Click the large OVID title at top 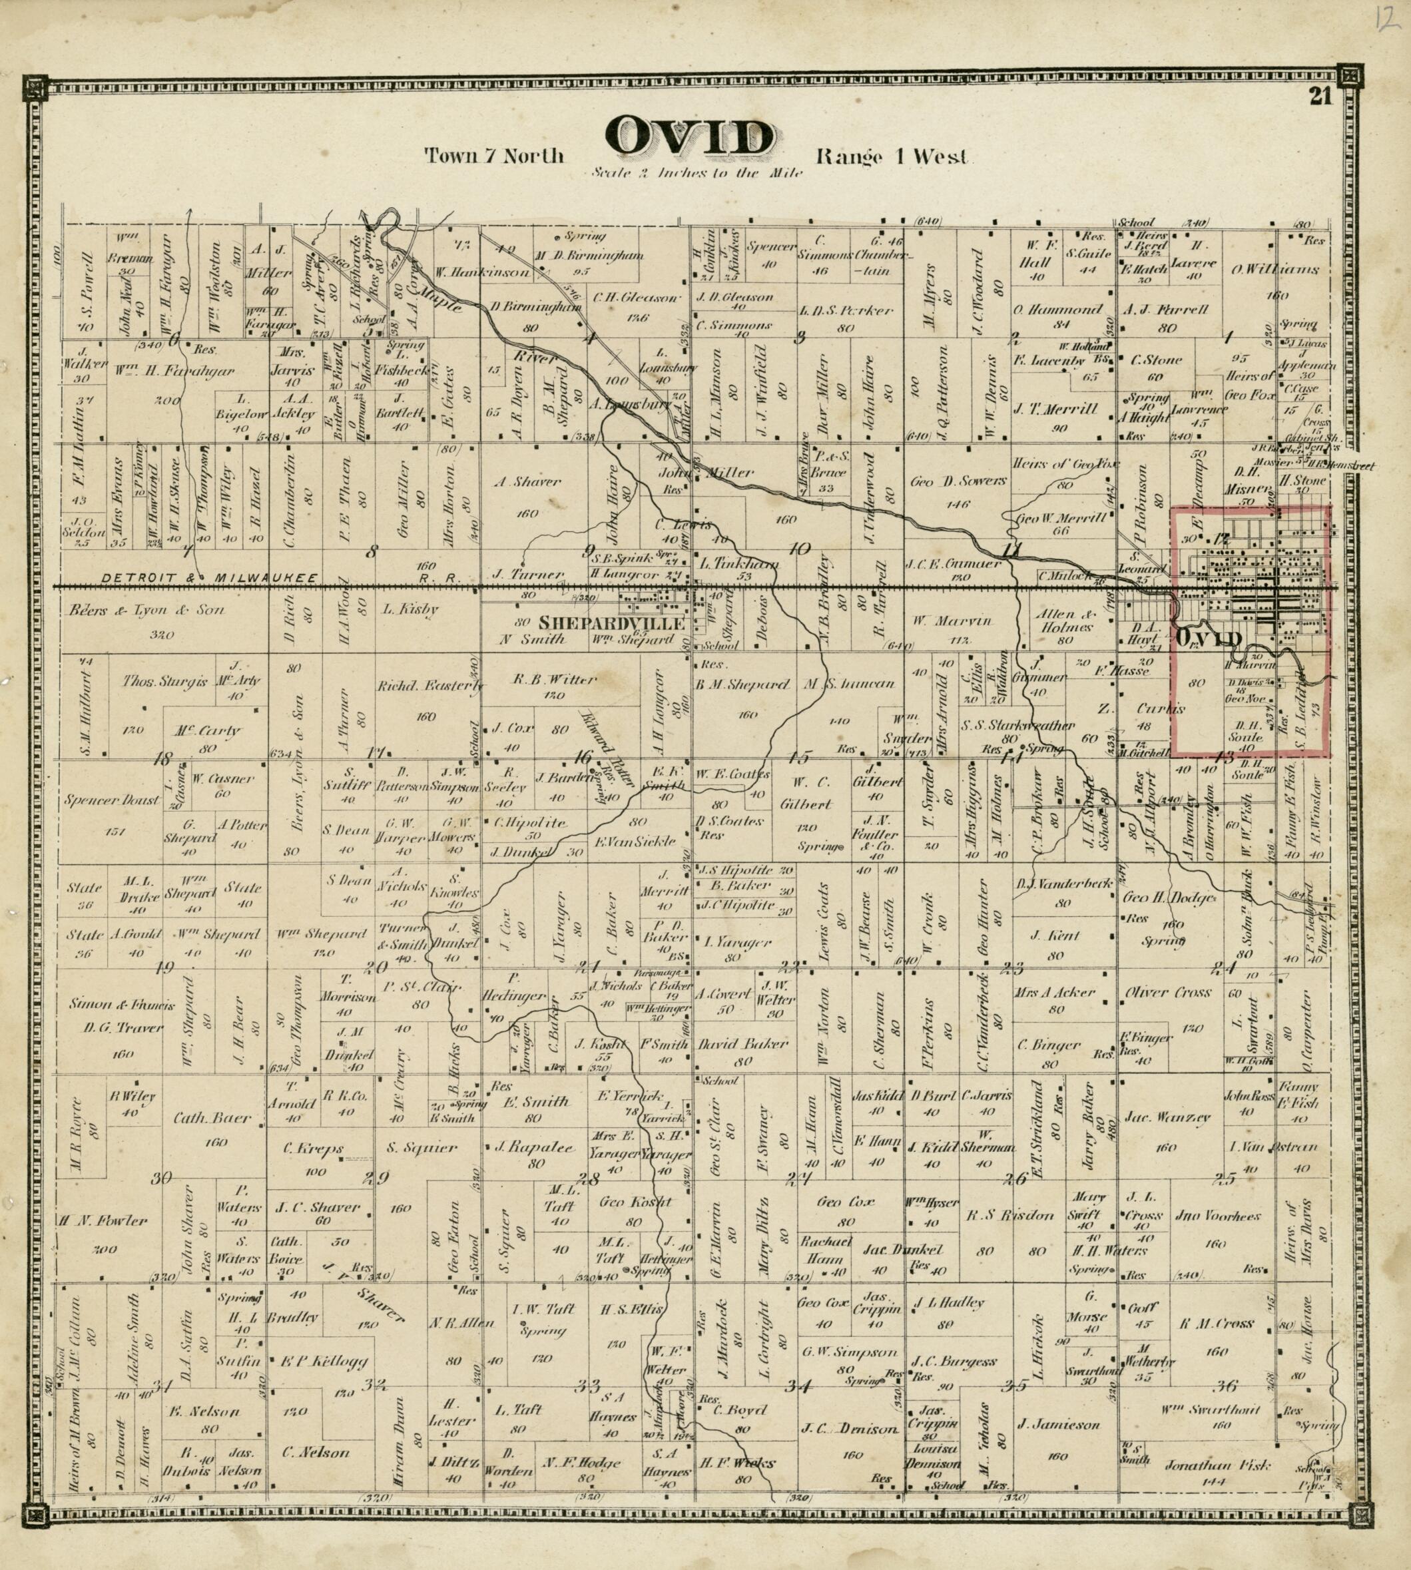click(690, 137)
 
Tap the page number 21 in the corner click(1320, 97)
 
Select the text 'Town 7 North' click(494, 156)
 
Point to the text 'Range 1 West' click(892, 156)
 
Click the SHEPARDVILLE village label click(612, 623)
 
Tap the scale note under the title click(695, 173)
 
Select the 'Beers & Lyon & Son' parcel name click(146, 610)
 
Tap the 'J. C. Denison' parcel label click(850, 1428)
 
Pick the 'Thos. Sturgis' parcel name click(164, 682)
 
